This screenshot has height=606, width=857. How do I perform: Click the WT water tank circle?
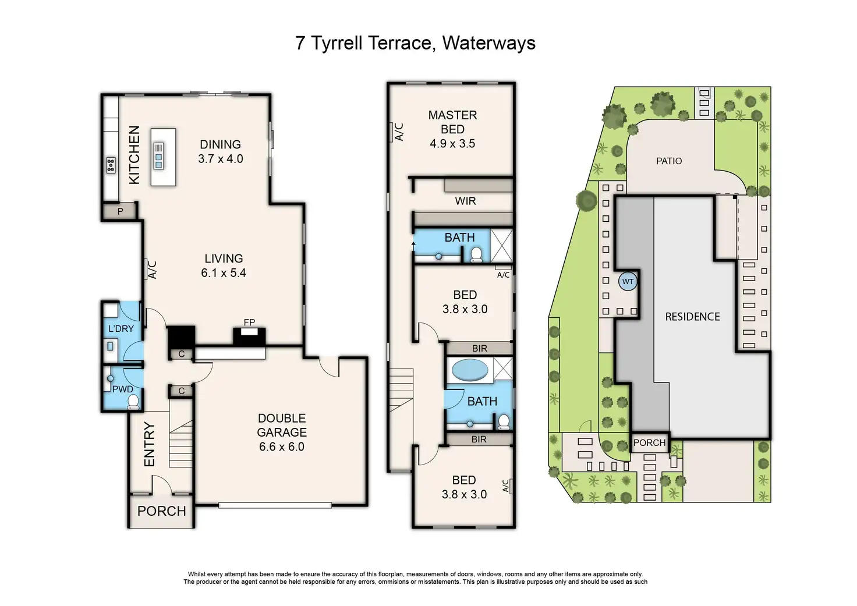tap(628, 282)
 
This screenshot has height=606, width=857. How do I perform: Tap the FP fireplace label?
tap(249, 322)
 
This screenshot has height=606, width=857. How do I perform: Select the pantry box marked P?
tap(120, 211)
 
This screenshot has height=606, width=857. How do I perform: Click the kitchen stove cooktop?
tap(111, 165)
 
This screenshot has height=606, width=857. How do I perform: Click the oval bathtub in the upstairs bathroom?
tap(470, 370)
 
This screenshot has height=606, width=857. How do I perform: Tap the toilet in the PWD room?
tap(133, 402)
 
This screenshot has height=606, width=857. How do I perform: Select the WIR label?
tap(465, 201)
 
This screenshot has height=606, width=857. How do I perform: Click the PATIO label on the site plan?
tap(669, 161)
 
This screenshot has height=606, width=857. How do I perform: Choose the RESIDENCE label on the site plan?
tap(692, 317)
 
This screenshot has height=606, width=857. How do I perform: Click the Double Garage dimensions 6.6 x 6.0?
tap(282, 446)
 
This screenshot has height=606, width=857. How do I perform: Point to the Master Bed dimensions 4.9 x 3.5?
tap(452, 143)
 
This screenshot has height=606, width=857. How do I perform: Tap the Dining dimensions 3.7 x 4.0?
tap(221, 158)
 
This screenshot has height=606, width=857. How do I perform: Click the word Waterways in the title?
tap(489, 42)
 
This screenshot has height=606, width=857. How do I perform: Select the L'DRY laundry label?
tap(121, 328)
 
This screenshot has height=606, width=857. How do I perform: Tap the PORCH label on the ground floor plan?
tap(161, 511)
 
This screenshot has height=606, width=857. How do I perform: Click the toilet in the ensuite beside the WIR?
tap(476, 255)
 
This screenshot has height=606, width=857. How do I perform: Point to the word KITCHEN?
tap(134, 155)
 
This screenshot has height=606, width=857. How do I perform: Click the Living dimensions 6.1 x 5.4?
tap(224, 273)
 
